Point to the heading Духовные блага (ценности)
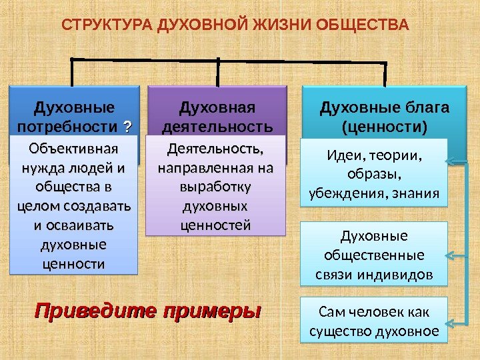[385, 117]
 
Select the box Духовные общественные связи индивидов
[373, 256]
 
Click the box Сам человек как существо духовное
[373, 321]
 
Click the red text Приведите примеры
[147, 311]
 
